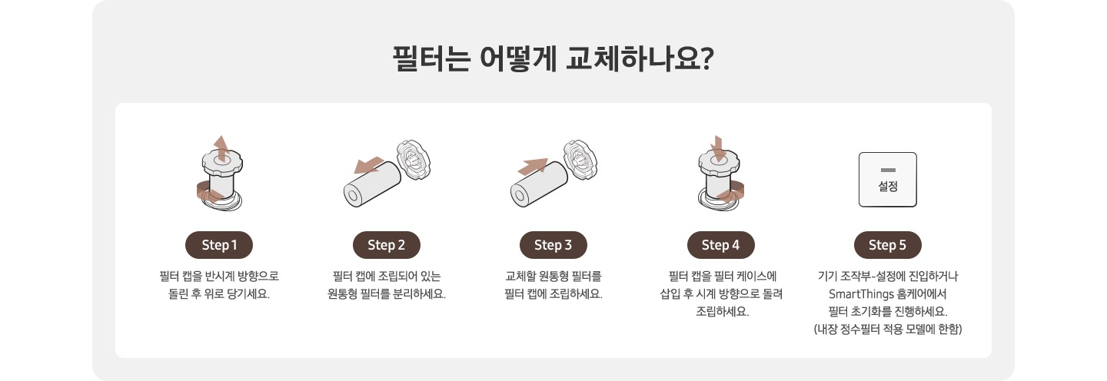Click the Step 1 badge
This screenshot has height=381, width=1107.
click(219, 245)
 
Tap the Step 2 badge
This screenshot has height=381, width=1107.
click(387, 245)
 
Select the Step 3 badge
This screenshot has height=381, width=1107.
click(553, 245)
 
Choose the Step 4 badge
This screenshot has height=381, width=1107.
click(720, 245)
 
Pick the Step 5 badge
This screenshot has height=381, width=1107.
click(888, 245)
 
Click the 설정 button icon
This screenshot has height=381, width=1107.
click(888, 180)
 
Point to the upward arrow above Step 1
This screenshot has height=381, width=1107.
click(221, 148)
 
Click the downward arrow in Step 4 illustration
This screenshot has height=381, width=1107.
click(718, 148)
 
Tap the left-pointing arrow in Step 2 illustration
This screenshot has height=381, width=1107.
click(368, 165)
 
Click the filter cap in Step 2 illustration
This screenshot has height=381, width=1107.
click(413, 159)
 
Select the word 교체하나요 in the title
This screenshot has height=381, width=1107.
click(633, 58)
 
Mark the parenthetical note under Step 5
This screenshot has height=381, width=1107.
click(888, 330)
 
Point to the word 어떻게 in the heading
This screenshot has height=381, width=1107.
click(518, 58)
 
